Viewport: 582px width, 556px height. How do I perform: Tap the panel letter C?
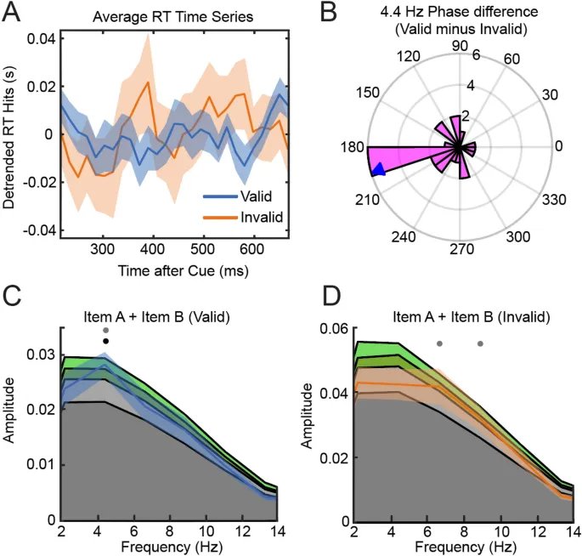coord(14,298)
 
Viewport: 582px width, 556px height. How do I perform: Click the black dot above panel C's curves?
coord(105,341)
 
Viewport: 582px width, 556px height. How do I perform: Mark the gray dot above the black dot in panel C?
coord(105,330)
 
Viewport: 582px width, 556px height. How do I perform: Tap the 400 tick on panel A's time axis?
coord(152,247)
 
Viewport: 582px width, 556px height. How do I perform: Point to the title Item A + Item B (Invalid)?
coord(459,316)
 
